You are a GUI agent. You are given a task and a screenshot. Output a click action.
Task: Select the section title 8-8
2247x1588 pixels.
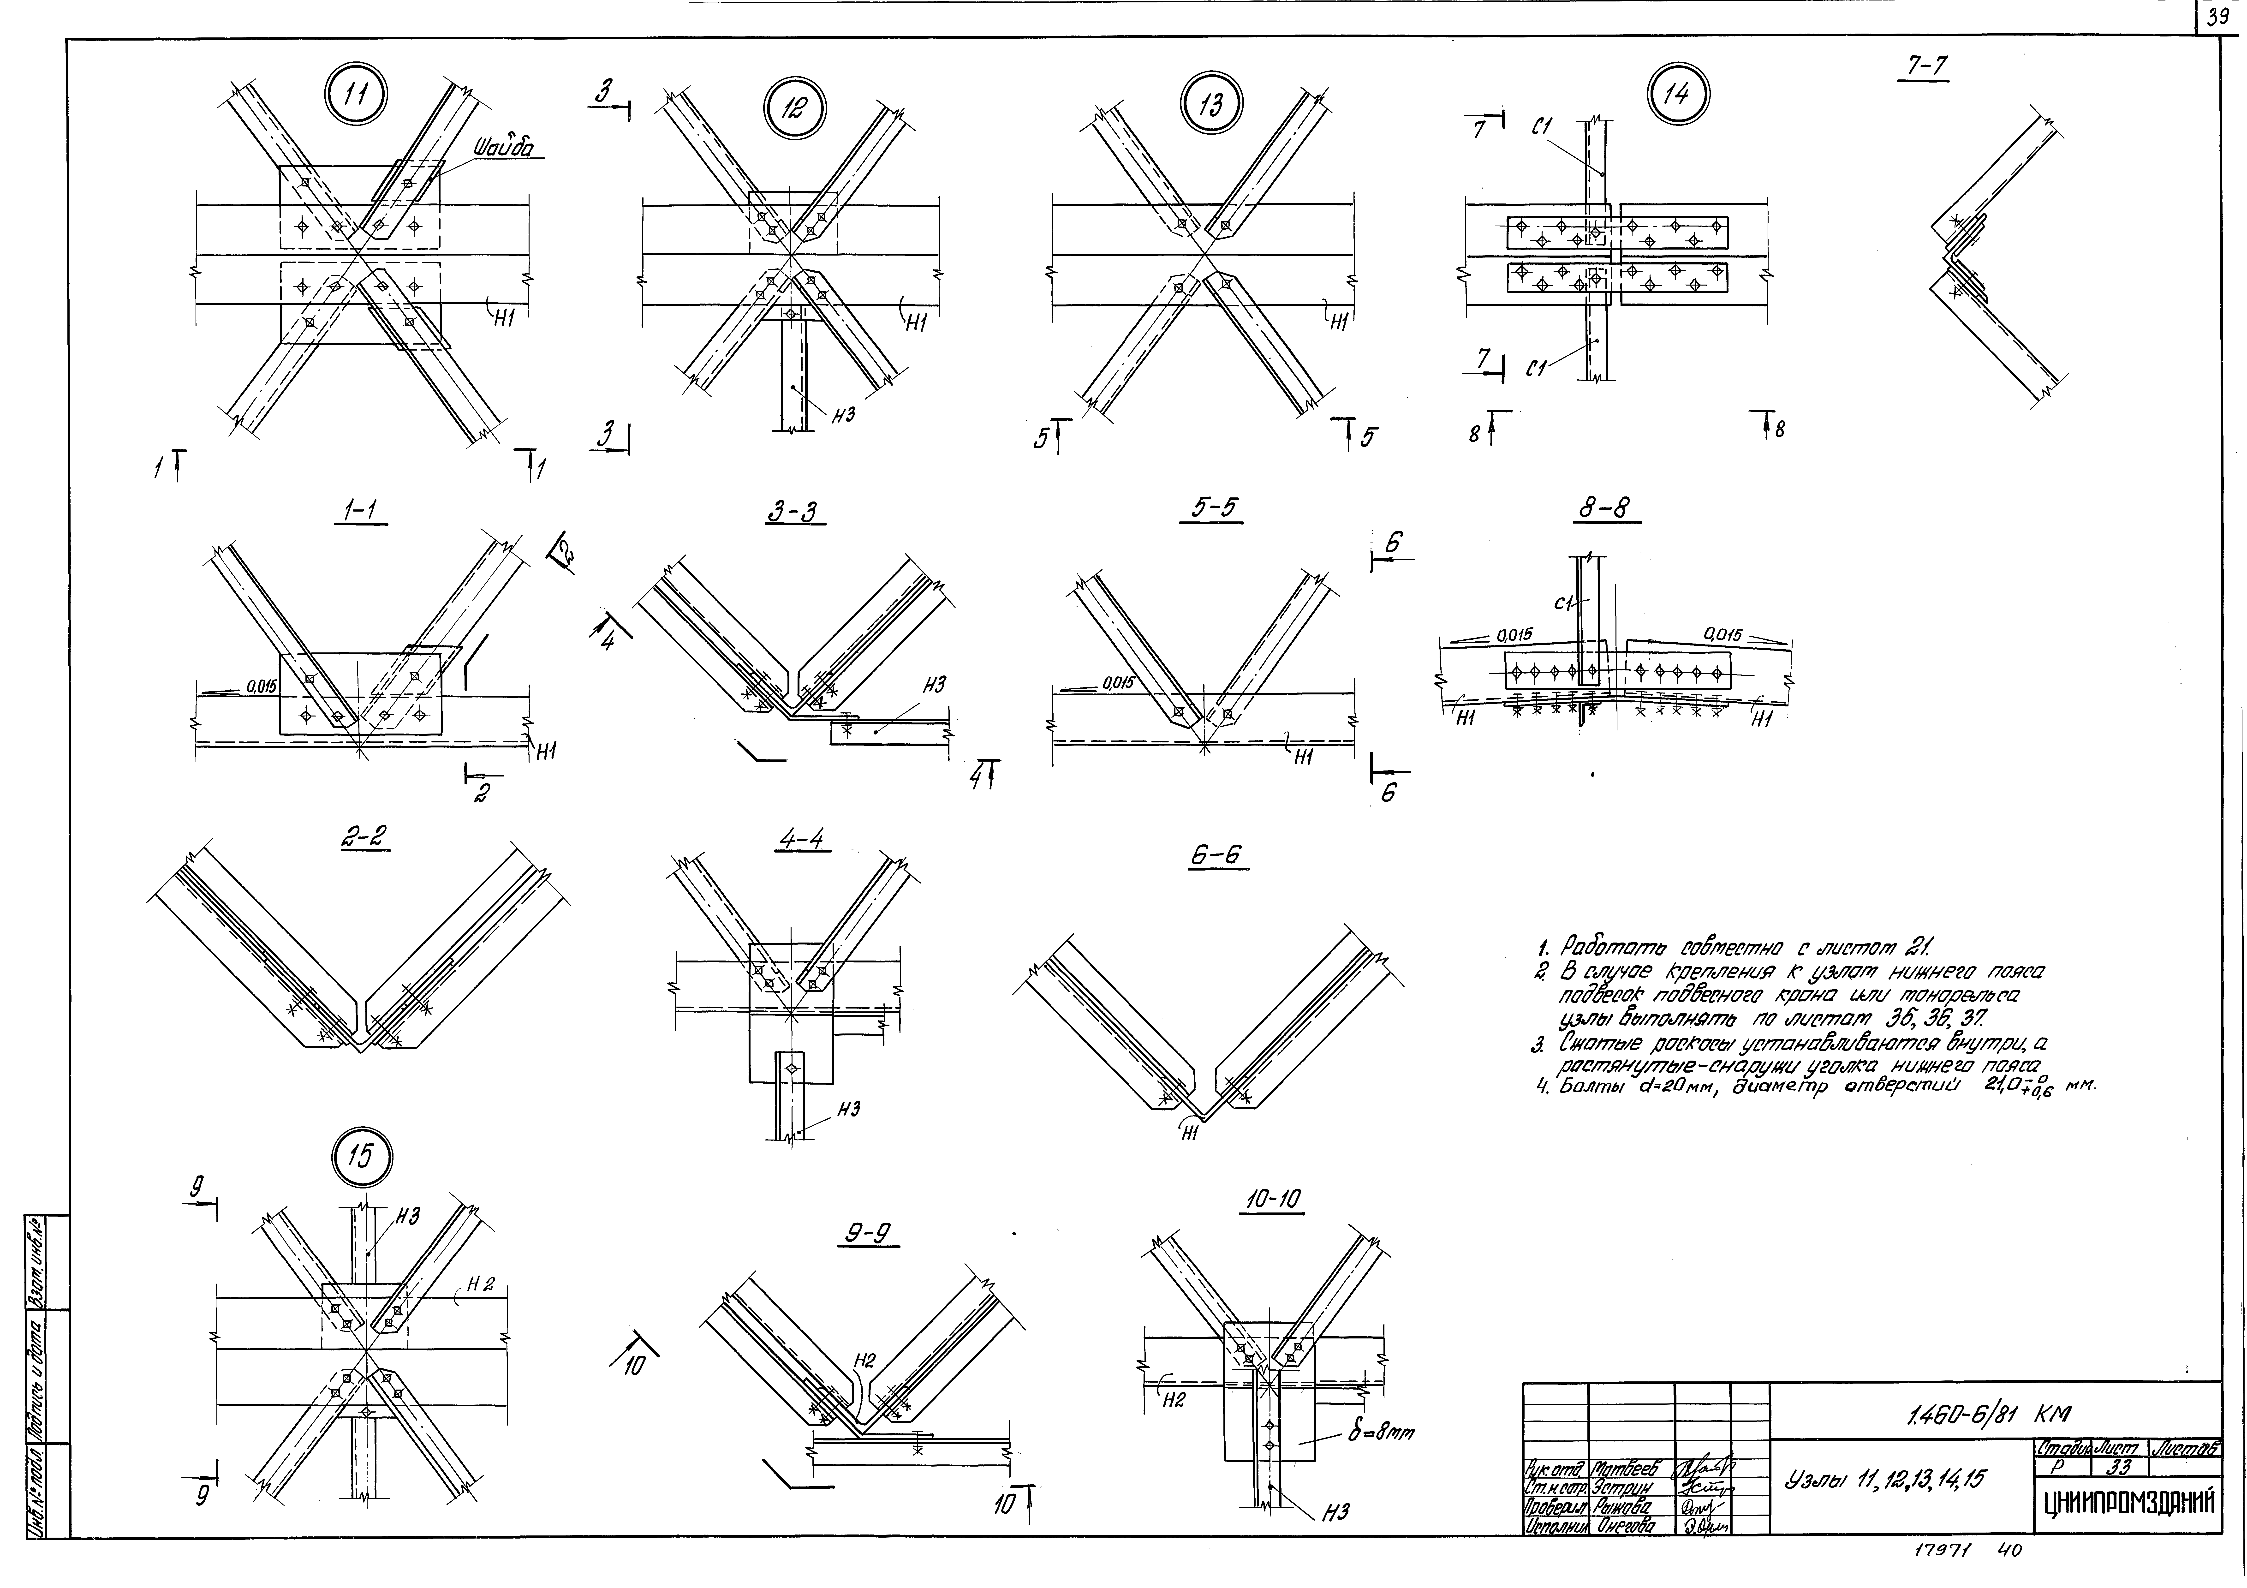[1610, 509]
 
